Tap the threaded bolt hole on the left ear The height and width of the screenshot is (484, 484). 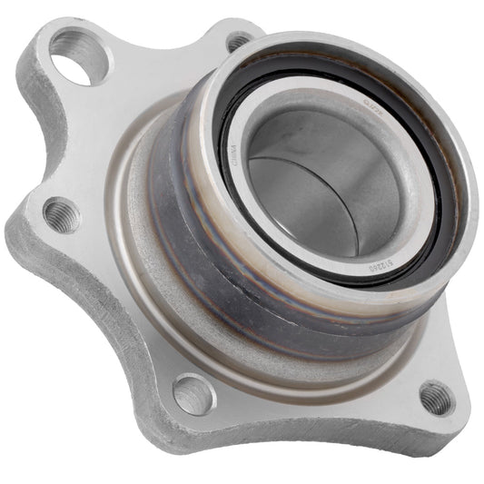pos(62,214)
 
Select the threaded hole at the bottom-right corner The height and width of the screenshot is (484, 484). pos(435,396)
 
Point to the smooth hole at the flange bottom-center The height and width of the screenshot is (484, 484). pos(193,394)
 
